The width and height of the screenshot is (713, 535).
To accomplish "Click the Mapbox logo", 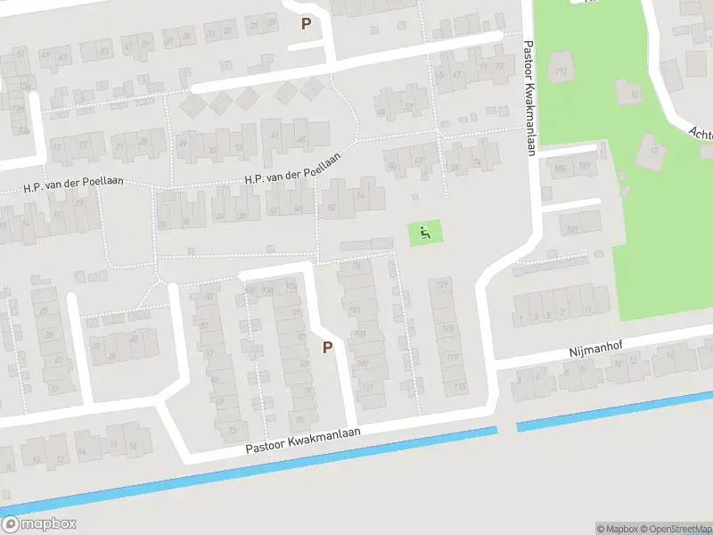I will click(39, 524).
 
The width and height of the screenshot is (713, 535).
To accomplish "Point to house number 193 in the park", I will click(561, 71).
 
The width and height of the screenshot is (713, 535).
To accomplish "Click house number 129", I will click(441, 284).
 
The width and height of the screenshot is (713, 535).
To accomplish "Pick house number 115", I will click(460, 386).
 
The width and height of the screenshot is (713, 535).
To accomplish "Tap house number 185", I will click(560, 169).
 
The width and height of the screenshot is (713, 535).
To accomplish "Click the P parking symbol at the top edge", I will click(307, 24).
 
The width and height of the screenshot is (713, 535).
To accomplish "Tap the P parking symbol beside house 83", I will click(327, 347).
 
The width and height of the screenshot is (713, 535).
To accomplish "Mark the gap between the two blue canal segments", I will click(507, 429).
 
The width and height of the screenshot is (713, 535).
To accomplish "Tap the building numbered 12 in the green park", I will click(653, 150).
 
